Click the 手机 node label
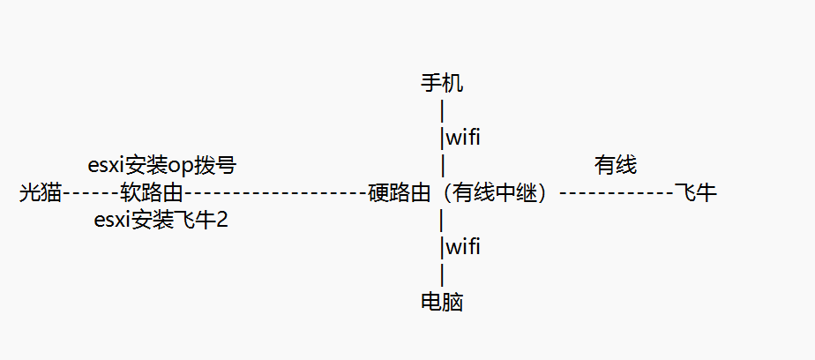(x=442, y=84)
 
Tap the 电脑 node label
(x=442, y=303)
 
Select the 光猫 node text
(x=40, y=192)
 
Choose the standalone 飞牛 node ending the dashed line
(x=695, y=192)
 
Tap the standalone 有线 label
(x=616, y=165)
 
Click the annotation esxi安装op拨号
(x=162, y=165)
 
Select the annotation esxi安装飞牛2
(x=161, y=220)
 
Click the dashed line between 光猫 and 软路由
(x=91, y=192)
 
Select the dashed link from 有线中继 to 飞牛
(x=616, y=192)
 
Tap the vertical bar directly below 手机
(x=441, y=111)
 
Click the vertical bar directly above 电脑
(x=441, y=274)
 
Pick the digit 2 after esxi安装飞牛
(x=222, y=220)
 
